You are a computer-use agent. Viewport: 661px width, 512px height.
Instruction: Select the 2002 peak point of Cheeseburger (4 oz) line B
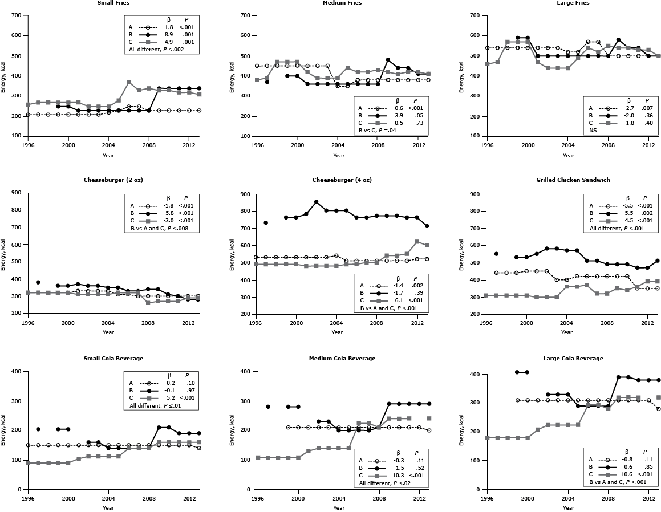pyautogui.click(x=317, y=202)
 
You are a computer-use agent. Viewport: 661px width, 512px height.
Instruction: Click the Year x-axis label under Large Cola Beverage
pyautogui.click(x=568, y=507)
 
